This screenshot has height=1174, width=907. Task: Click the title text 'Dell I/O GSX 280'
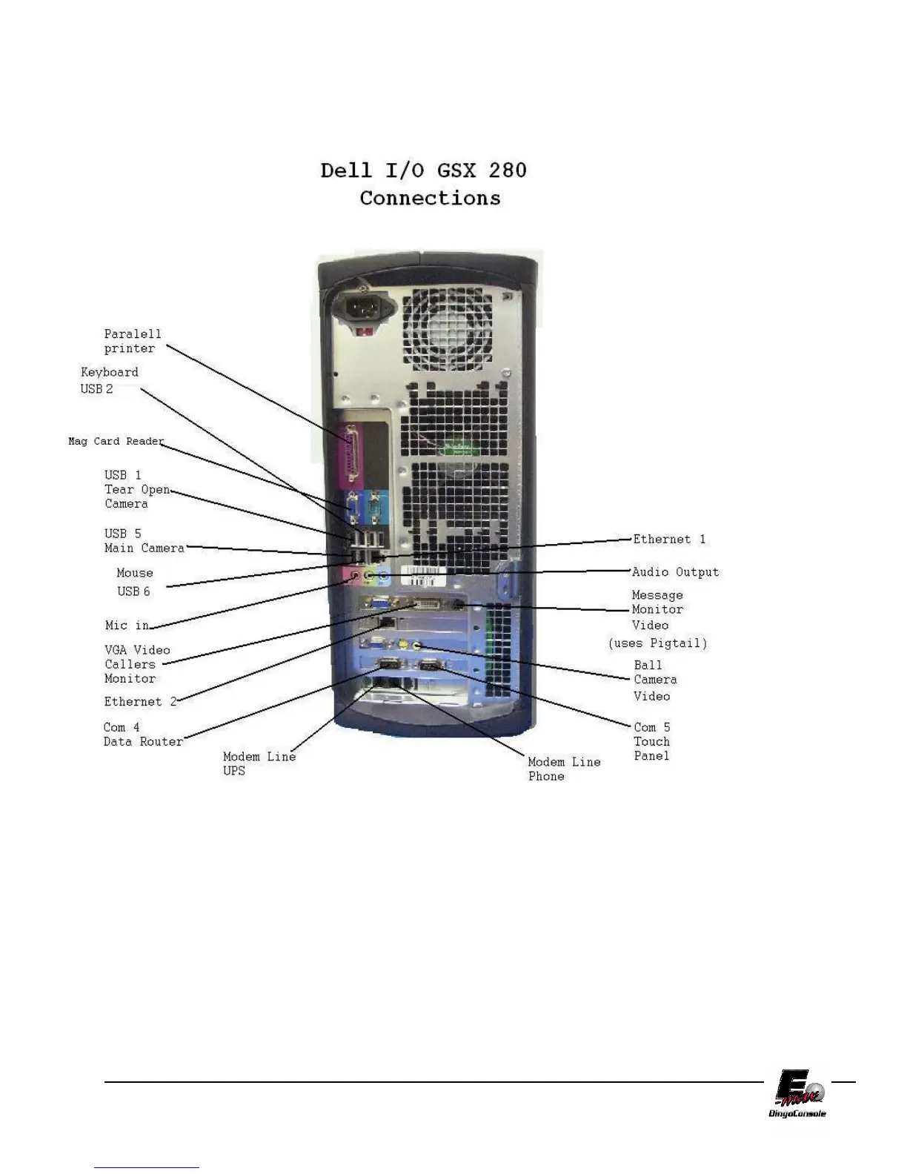point(423,170)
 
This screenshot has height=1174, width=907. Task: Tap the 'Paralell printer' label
point(132,341)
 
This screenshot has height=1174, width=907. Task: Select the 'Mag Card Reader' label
point(116,441)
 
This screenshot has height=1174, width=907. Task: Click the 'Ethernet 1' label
point(668,539)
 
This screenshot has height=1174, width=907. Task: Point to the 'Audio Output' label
point(675,571)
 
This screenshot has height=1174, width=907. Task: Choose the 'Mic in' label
point(127,625)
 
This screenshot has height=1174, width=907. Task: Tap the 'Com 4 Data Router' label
point(142,734)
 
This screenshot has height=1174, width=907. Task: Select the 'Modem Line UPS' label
point(259,763)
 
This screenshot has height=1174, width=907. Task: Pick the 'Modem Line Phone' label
point(563,769)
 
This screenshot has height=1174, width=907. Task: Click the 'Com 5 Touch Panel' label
point(651,741)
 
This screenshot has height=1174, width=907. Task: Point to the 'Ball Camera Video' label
point(654,680)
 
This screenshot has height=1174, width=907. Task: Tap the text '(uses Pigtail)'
point(657,643)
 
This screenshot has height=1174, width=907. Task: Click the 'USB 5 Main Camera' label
point(144,540)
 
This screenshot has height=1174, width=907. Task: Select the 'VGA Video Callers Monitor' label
point(136,664)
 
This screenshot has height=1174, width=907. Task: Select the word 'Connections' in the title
point(430,198)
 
